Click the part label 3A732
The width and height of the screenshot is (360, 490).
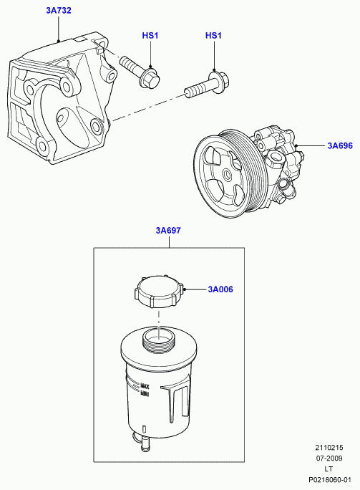click(59, 10)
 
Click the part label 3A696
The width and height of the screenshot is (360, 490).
click(340, 145)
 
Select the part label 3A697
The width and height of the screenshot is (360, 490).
click(168, 231)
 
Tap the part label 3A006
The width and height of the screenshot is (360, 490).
click(220, 289)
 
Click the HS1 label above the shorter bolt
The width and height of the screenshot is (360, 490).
click(150, 35)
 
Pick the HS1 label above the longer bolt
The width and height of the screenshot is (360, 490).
click(213, 35)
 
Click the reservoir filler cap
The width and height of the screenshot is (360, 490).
click(159, 292)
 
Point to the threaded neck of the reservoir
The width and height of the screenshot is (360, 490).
click(159, 340)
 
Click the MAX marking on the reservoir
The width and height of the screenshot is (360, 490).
click(145, 386)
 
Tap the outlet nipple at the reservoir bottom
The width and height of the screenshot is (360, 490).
click(145, 443)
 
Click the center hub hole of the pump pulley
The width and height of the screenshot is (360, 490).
click(226, 174)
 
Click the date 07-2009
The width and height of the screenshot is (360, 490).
click(329, 458)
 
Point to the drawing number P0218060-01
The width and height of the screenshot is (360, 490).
click(330, 480)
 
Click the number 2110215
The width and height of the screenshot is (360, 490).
click(329, 448)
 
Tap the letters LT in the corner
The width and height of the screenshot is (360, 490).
click(329, 469)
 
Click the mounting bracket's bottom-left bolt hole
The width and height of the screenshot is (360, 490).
click(42, 145)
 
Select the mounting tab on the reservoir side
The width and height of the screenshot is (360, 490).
click(174, 404)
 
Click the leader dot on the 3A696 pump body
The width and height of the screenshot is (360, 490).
click(296, 145)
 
